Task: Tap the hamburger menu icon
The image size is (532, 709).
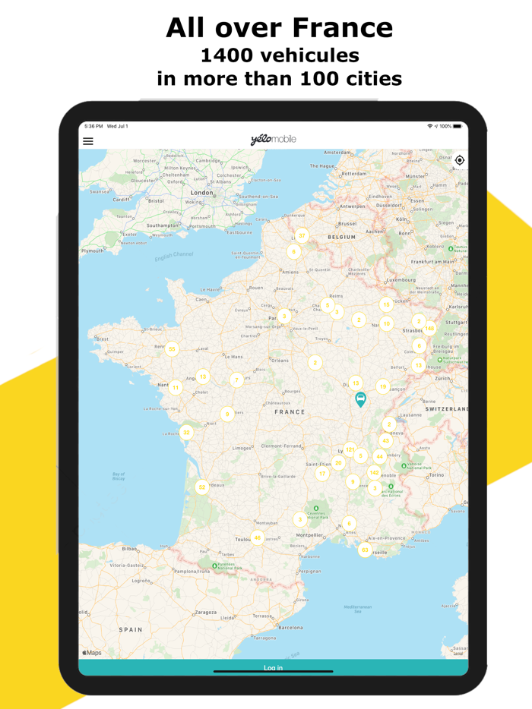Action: click(x=88, y=140)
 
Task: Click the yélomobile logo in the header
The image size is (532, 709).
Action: click(x=273, y=140)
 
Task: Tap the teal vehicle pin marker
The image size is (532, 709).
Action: click(x=361, y=399)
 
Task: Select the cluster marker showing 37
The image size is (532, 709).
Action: click(x=302, y=235)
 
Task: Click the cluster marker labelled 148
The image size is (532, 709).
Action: click(x=429, y=329)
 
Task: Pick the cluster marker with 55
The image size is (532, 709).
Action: click(x=173, y=349)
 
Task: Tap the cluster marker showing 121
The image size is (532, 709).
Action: click(x=350, y=449)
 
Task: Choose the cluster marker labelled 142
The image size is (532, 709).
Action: click(x=374, y=472)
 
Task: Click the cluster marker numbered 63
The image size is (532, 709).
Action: click(x=365, y=550)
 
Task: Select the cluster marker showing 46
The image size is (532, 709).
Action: click(x=258, y=537)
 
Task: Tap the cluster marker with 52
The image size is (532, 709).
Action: click(x=201, y=487)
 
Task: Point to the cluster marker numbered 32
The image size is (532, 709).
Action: click(x=186, y=432)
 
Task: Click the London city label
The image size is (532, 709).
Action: click(x=201, y=193)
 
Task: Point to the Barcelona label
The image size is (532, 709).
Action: click(x=290, y=628)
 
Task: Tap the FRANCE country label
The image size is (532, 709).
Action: click(x=290, y=412)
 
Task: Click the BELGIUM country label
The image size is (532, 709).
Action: click(x=341, y=237)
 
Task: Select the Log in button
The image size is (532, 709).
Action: click(x=273, y=668)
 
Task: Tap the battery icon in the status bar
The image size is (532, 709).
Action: click(x=457, y=126)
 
